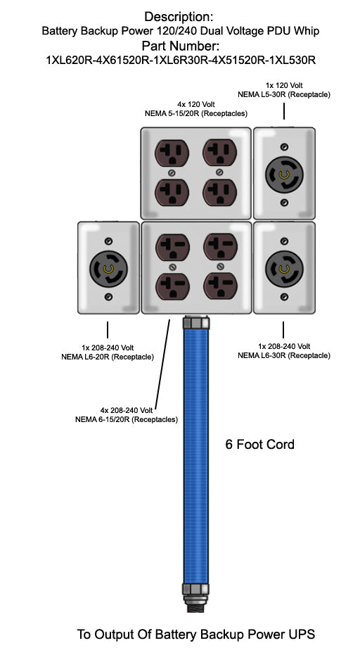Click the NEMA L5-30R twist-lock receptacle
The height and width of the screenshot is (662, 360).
[x=284, y=174]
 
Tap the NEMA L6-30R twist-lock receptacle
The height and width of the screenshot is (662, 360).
[x=284, y=268]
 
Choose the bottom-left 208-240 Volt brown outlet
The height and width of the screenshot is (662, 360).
[x=171, y=287]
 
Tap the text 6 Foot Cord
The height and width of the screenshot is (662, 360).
[x=259, y=445]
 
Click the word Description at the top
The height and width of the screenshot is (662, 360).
[x=179, y=16]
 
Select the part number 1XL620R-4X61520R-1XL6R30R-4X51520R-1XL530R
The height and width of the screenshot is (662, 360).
[x=180, y=61]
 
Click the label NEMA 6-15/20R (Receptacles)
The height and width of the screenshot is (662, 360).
[x=127, y=419]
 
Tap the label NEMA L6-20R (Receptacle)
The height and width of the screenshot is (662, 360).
[x=108, y=357]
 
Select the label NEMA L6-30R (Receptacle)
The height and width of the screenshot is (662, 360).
[x=284, y=356]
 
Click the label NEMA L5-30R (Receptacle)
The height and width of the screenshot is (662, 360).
[x=284, y=94]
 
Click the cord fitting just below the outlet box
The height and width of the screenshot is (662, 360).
[x=195, y=324]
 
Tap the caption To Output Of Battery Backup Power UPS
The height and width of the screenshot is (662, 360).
[x=196, y=635]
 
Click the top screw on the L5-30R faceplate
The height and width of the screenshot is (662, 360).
[x=284, y=146]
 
